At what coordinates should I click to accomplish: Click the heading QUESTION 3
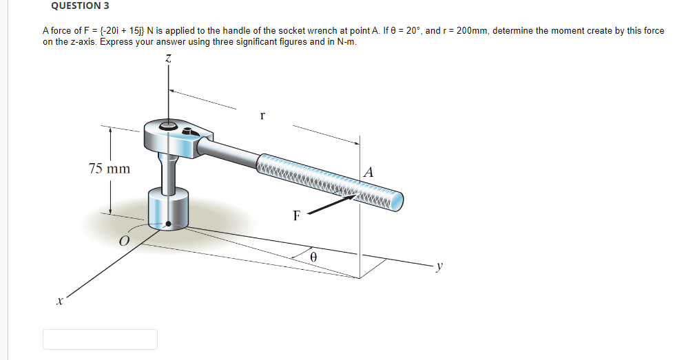coord(79,6)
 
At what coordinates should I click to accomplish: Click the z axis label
coord(167,62)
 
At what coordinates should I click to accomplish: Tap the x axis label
coord(60,301)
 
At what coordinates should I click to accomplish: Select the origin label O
coord(123,240)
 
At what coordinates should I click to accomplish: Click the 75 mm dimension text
coord(109,168)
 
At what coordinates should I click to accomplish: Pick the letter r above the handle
coord(262,116)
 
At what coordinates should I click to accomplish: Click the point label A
coord(368,172)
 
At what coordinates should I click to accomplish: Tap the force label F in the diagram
coord(296,215)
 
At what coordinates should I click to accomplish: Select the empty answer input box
coord(100,339)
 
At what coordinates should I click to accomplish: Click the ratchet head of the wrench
coord(172,134)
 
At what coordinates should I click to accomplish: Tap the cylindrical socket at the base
coord(168,209)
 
